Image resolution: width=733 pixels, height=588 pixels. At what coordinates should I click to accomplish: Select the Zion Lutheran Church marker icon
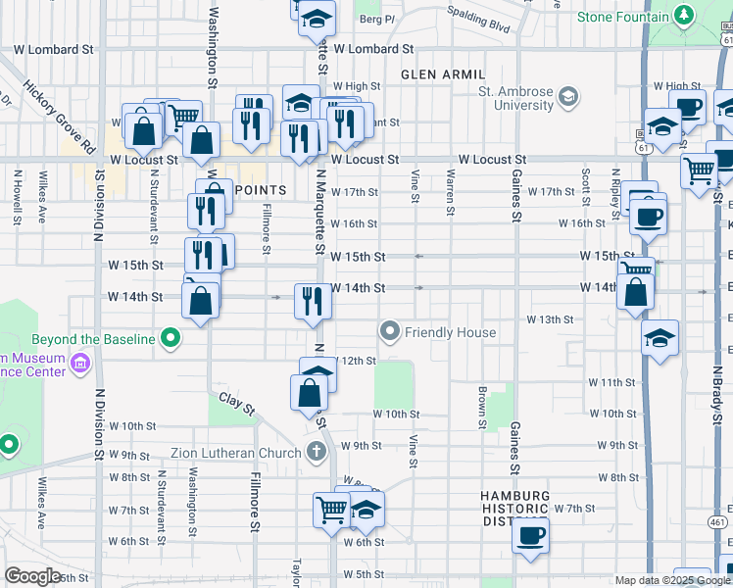pos(316,452)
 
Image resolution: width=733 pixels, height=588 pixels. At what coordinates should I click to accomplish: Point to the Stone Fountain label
pos(622,17)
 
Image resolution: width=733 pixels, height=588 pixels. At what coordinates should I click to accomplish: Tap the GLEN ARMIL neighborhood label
pos(443,74)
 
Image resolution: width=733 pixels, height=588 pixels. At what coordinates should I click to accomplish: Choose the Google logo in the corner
pos(32,576)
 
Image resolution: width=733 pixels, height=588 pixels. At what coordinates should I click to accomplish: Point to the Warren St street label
pos(450,190)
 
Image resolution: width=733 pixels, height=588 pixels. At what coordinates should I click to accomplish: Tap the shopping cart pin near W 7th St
pos(331,510)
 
